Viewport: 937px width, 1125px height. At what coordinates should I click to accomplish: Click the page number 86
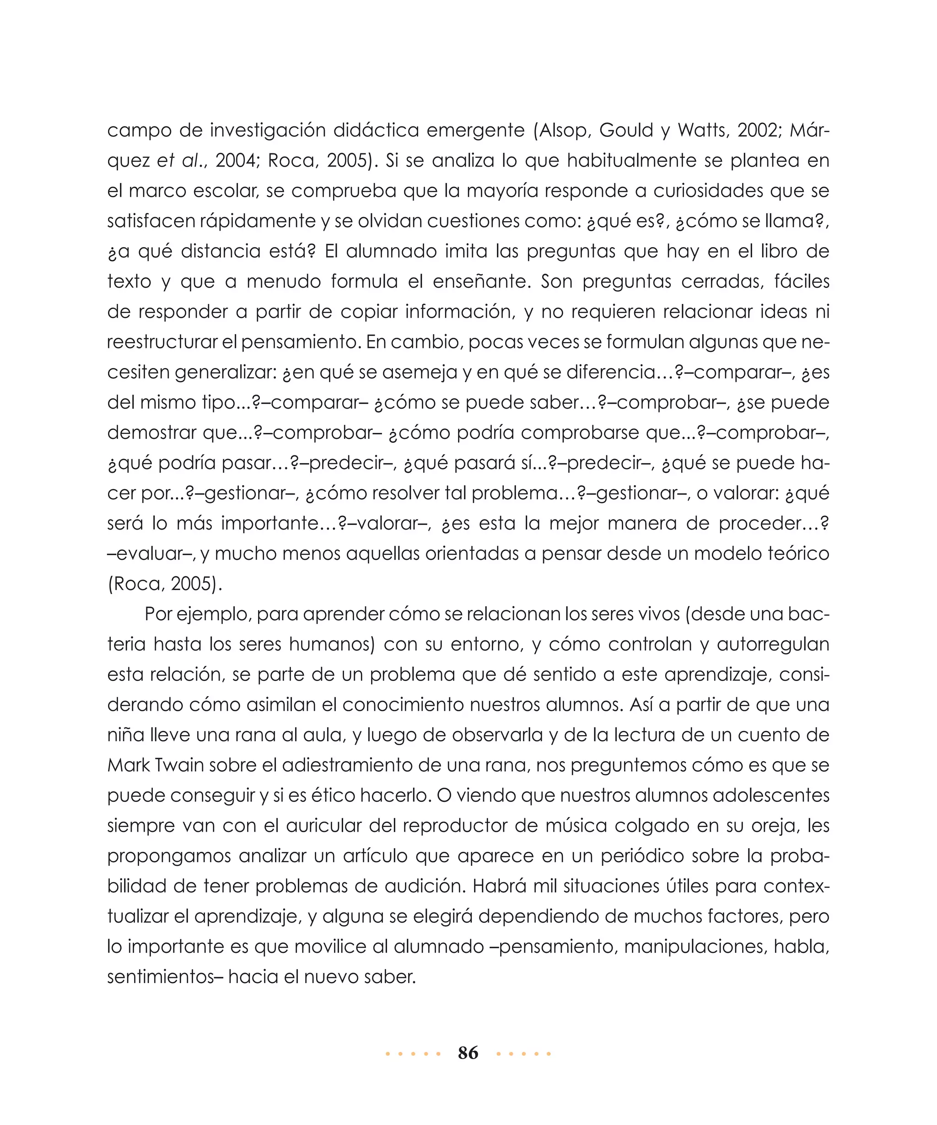pos(468,1053)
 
